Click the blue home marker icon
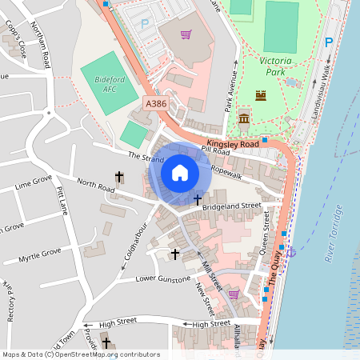180,172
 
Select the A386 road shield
156,103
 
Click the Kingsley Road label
233,143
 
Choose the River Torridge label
334,232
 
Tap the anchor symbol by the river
291,252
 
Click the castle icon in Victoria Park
260,95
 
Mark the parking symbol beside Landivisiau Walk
328,42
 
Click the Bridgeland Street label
232,206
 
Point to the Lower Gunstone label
163,278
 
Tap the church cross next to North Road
120,176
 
